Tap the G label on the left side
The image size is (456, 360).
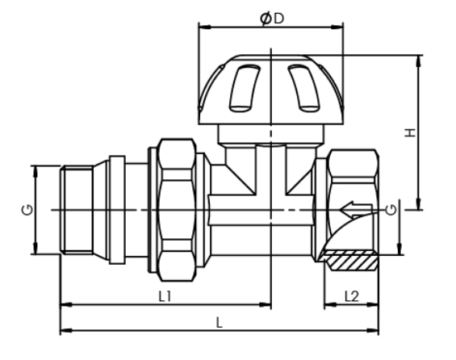(27, 210)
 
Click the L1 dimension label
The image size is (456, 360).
(165, 296)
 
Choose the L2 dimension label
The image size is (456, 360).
(351, 296)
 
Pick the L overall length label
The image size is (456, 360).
(219, 321)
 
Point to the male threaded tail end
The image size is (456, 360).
(77, 210)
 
